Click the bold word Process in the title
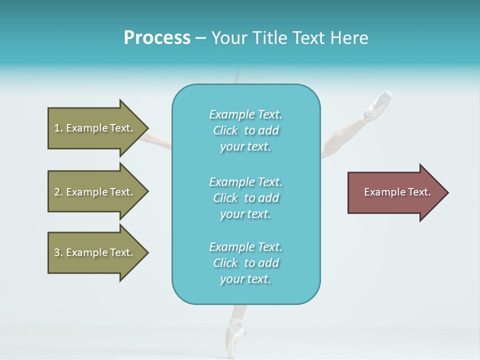[157, 38]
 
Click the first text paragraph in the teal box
[245, 130]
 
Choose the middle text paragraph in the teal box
[245, 198]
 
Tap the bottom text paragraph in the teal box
[245, 263]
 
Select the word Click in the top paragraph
[225, 130]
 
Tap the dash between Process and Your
[200, 38]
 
